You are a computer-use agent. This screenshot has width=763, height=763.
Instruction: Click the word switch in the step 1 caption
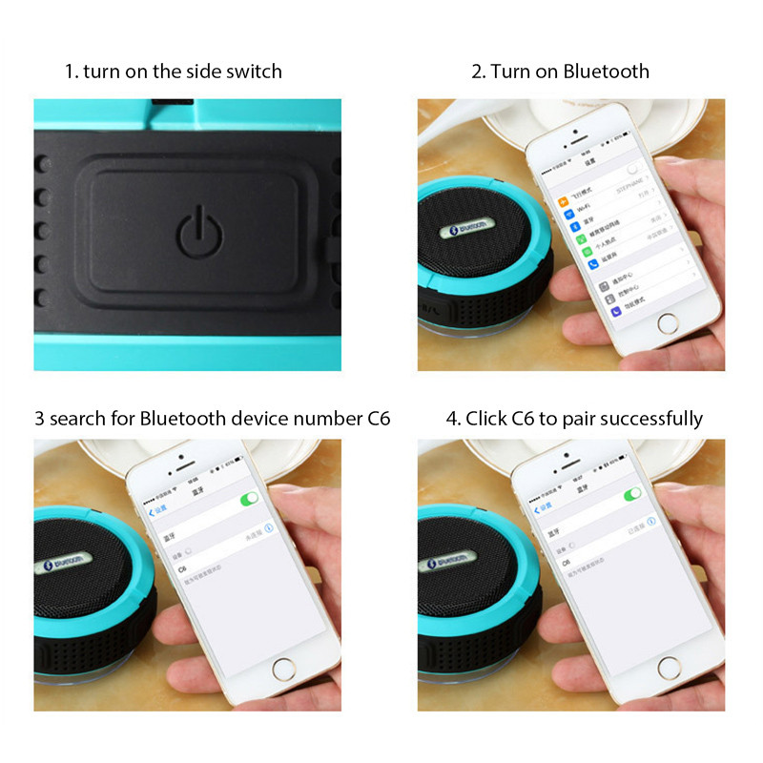coord(254,72)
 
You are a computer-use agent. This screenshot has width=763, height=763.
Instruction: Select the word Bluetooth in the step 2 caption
coord(606,72)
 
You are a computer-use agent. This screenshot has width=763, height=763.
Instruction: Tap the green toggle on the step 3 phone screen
coord(250,498)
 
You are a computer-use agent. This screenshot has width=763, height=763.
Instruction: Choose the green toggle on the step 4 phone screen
coord(631,494)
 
